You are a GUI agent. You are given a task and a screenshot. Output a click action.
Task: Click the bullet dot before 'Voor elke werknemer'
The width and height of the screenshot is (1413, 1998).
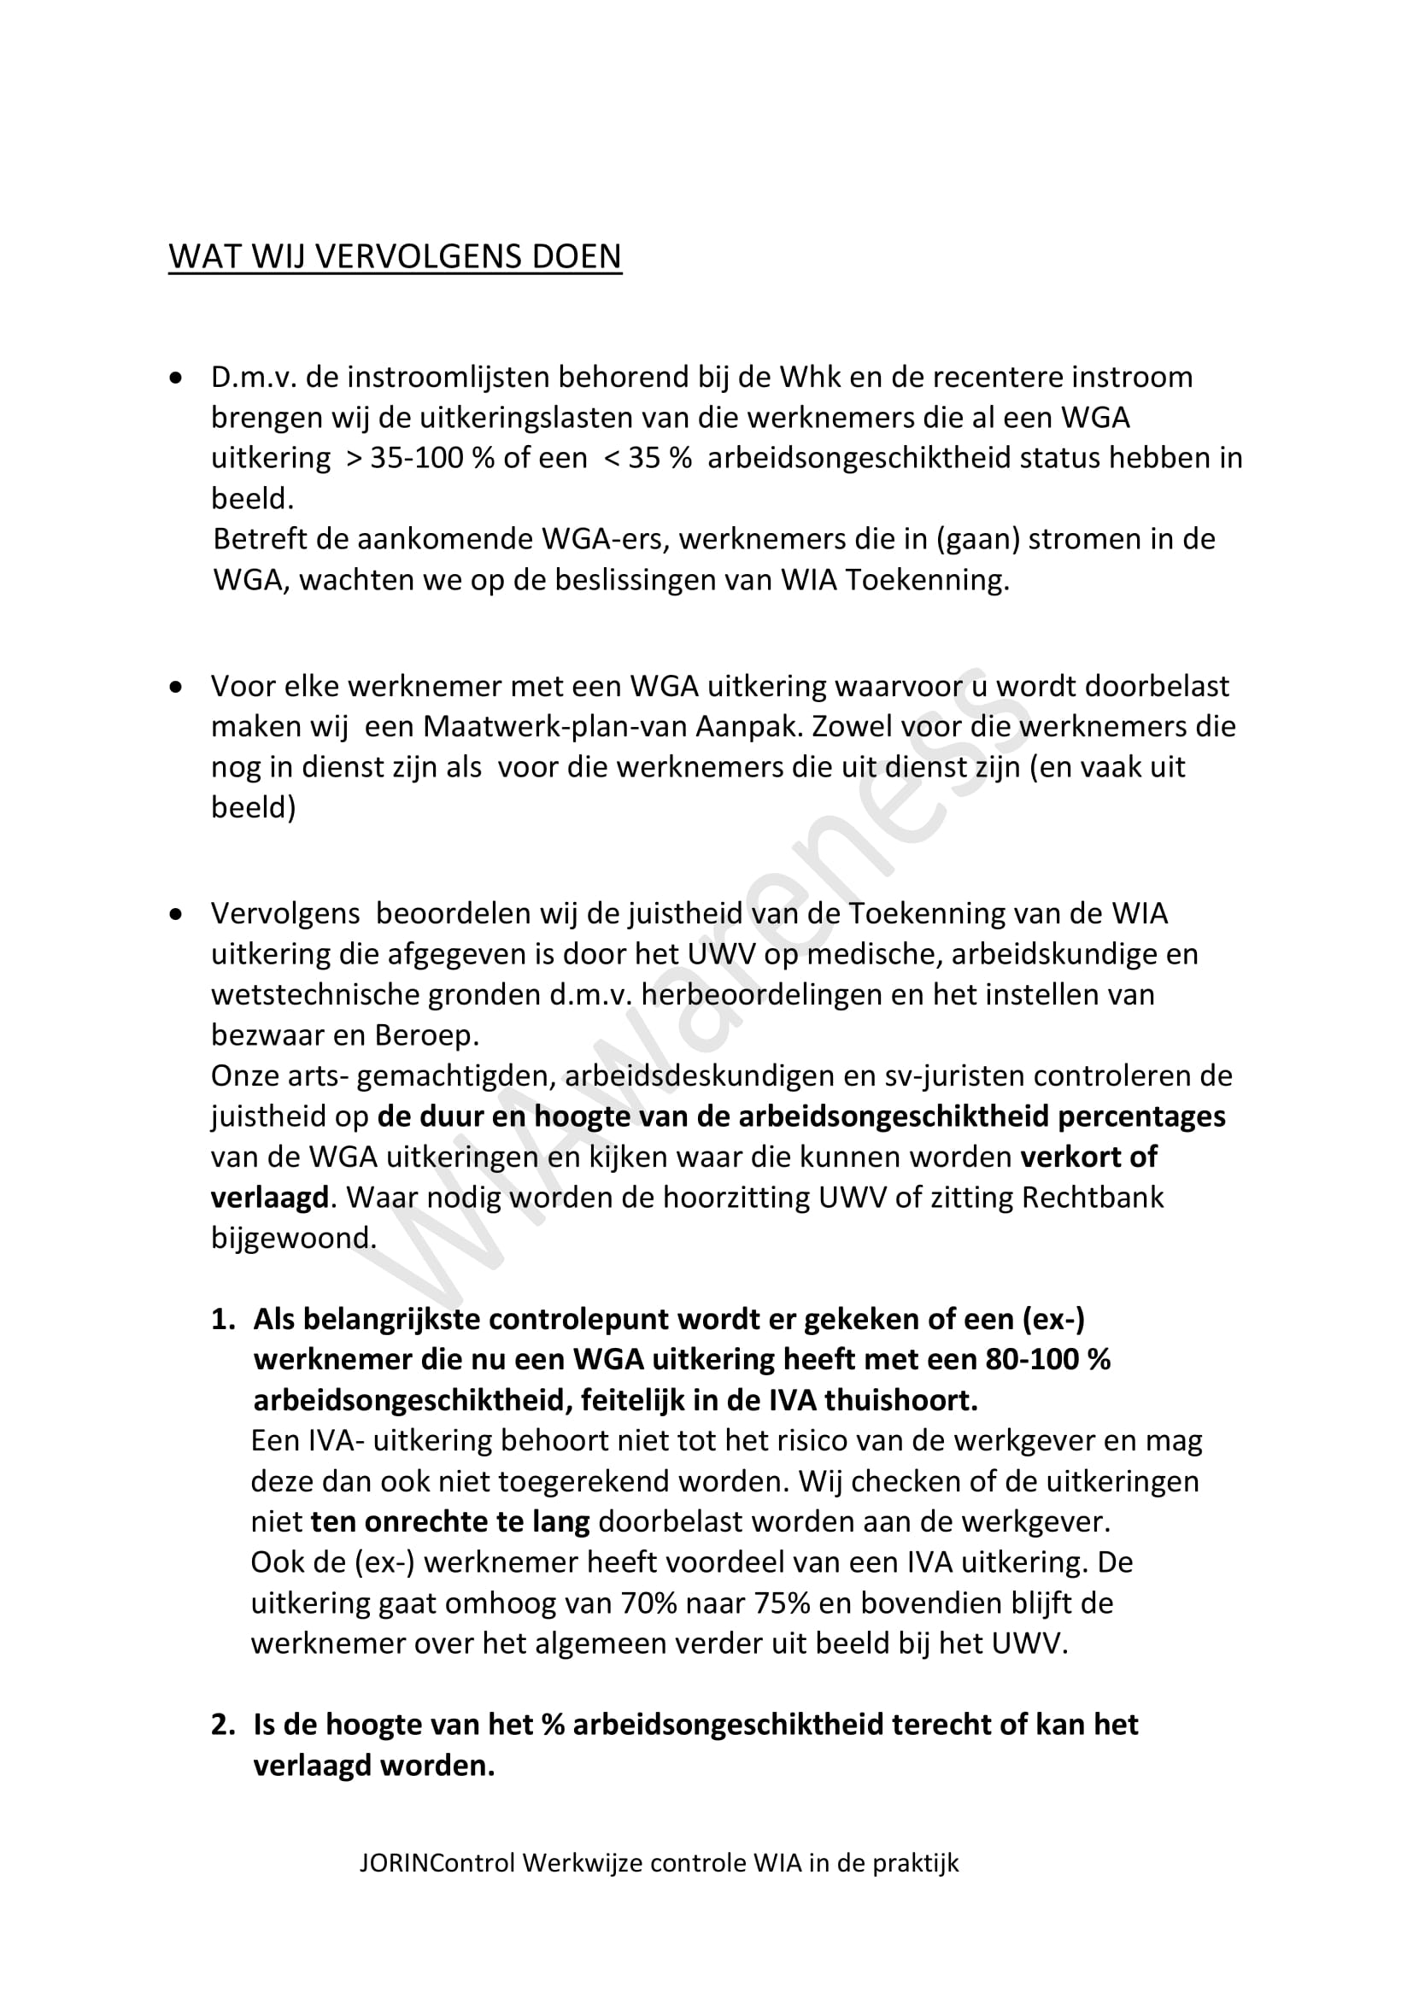(x=178, y=687)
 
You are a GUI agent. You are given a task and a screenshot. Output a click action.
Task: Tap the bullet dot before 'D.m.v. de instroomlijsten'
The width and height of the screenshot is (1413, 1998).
(x=178, y=378)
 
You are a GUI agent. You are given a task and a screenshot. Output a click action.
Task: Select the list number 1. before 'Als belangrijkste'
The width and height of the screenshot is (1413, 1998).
(x=224, y=1319)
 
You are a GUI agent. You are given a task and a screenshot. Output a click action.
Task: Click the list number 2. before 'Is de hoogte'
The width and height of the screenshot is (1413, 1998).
(x=224, y=1724)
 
